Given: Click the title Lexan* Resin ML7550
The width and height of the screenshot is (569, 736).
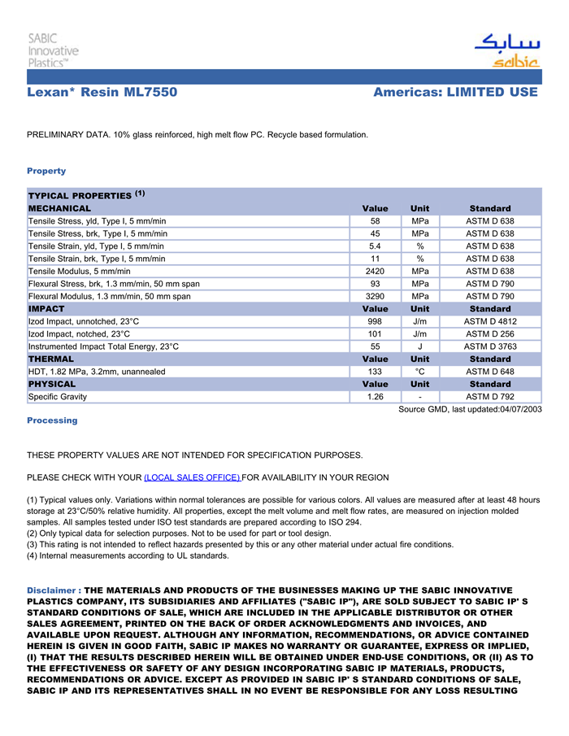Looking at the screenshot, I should click(102, 93).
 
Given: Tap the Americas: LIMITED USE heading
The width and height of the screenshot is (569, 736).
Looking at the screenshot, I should click(455, 93).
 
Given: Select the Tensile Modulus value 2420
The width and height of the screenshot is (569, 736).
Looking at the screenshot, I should click(375, 272).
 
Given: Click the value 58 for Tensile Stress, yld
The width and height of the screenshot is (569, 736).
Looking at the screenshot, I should click(375, 221).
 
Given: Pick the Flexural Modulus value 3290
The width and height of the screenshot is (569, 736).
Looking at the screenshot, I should click(375, 297).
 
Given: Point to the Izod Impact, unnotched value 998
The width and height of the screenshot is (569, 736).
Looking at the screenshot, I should click(375, 321).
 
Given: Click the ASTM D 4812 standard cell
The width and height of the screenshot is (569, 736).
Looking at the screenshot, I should click(489, 321).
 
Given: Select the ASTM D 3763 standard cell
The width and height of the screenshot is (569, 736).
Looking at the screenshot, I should click(489, 346).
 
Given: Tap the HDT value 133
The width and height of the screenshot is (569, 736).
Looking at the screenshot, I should click(375, 372).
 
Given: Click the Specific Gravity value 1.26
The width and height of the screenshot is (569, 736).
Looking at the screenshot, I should click(375, 397).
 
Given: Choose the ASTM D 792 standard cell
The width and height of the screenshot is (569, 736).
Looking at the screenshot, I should click(489, 397).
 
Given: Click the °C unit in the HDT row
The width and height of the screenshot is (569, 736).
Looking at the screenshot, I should click(419, 372).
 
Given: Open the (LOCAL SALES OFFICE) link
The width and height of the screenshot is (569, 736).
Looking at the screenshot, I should click(192, 477).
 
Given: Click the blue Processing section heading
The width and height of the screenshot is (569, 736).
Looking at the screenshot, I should click(52, 420).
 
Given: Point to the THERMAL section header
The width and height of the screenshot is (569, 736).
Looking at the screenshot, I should click(51, 359).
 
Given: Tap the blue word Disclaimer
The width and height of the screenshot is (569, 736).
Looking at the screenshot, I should click(51, 590).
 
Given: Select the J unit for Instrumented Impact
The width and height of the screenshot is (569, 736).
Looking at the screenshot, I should click(419, 346).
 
